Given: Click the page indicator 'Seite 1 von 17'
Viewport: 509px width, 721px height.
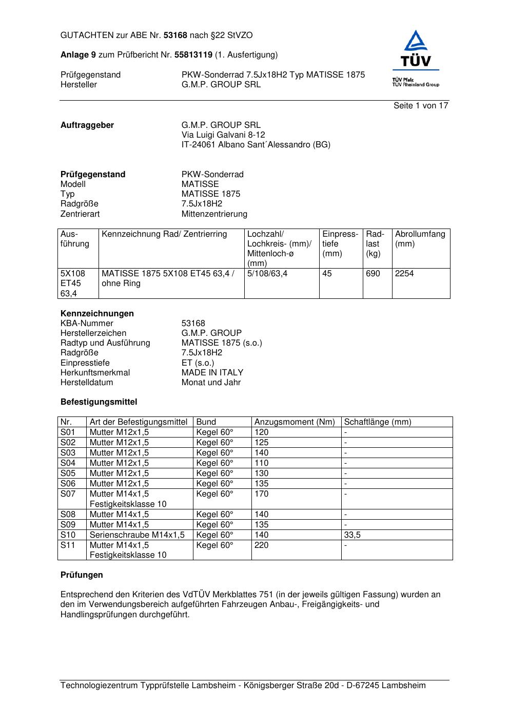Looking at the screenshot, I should pos(421,106).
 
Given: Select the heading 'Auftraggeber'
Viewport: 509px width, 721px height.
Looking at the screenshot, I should pos(87,125).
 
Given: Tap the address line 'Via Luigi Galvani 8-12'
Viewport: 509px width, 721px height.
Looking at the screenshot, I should pos(223,135).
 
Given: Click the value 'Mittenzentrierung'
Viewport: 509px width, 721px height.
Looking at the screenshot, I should pos(214,214).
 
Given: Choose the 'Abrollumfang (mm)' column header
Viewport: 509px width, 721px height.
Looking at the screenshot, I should pos(420,239).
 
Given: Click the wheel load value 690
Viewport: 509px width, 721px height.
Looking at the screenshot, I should pos(373,274).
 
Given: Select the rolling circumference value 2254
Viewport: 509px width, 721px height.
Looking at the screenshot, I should pos(404,274).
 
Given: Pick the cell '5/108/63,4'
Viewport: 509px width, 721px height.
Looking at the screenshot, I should pos(267,274).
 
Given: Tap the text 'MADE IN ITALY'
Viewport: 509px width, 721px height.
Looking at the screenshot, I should pos(212,373).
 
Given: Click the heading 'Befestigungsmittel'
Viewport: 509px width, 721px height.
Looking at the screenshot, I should pos(99,402).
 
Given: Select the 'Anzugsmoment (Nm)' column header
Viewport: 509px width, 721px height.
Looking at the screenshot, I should pos(295,422).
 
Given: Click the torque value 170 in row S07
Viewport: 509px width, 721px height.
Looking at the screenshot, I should pos(262,494).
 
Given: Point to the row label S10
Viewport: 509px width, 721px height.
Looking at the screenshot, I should pos(68,535).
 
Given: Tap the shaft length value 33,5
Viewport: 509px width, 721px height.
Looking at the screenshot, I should pos(352,535).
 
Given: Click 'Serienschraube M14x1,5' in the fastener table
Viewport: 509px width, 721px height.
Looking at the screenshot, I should pos(137,535).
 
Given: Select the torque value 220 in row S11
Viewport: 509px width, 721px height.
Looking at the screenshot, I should pos(262,545).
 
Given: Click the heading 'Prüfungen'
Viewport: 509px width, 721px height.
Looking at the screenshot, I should pos(82,575).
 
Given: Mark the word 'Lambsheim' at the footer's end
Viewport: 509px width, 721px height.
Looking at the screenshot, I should pos(403,686).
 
